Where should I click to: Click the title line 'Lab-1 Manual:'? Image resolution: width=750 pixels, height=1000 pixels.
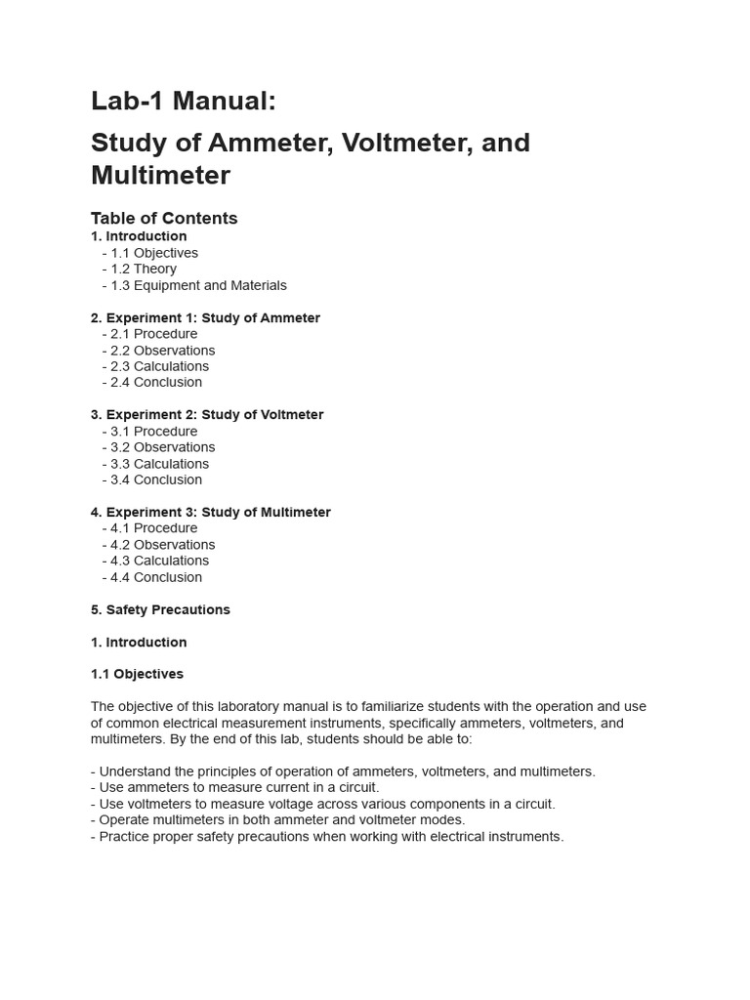(184, 101)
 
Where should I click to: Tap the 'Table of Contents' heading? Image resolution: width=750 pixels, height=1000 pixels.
(164, 218)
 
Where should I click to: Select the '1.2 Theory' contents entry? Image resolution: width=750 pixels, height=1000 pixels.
(144, 269)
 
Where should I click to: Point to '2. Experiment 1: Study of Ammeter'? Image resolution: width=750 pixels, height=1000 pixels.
(205, 317)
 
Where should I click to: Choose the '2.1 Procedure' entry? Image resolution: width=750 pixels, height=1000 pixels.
(153, 334)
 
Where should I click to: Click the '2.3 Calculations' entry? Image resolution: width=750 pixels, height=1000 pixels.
(159, 366)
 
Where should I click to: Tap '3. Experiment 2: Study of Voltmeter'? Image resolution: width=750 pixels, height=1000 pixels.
(207, 414)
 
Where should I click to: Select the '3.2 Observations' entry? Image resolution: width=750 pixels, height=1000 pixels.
(162, 447)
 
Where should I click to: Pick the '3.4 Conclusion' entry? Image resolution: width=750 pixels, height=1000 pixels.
(156, 479)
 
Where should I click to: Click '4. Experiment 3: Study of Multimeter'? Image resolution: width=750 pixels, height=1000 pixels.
(211, 512)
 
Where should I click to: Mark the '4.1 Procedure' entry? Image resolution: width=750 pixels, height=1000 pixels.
(153, 528)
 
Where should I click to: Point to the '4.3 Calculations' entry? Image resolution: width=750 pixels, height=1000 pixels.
(159, 561)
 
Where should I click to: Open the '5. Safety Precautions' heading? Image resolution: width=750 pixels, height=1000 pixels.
(160, 609)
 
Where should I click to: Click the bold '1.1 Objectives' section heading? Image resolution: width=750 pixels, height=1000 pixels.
(137, 674)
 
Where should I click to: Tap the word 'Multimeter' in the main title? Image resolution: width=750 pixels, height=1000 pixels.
(160, 176)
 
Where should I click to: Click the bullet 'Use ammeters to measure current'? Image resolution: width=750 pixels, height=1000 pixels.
(234, 787)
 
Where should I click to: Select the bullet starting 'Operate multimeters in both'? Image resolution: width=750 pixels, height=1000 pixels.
(277, 820)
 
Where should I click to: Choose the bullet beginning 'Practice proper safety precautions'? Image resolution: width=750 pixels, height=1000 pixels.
(327, 837)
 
